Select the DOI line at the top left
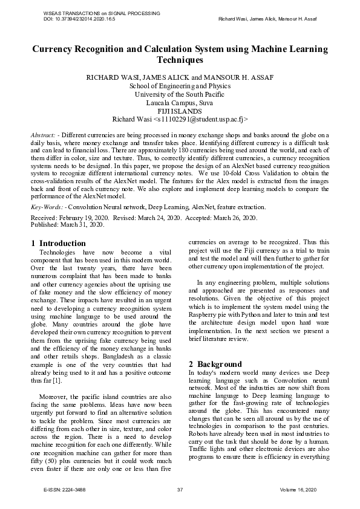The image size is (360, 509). (79, 19)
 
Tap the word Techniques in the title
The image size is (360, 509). (180, 60)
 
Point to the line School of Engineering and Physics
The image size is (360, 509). (180, 86)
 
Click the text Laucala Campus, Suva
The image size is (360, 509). (180, 103)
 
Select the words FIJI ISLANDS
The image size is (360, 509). (180, 111)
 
